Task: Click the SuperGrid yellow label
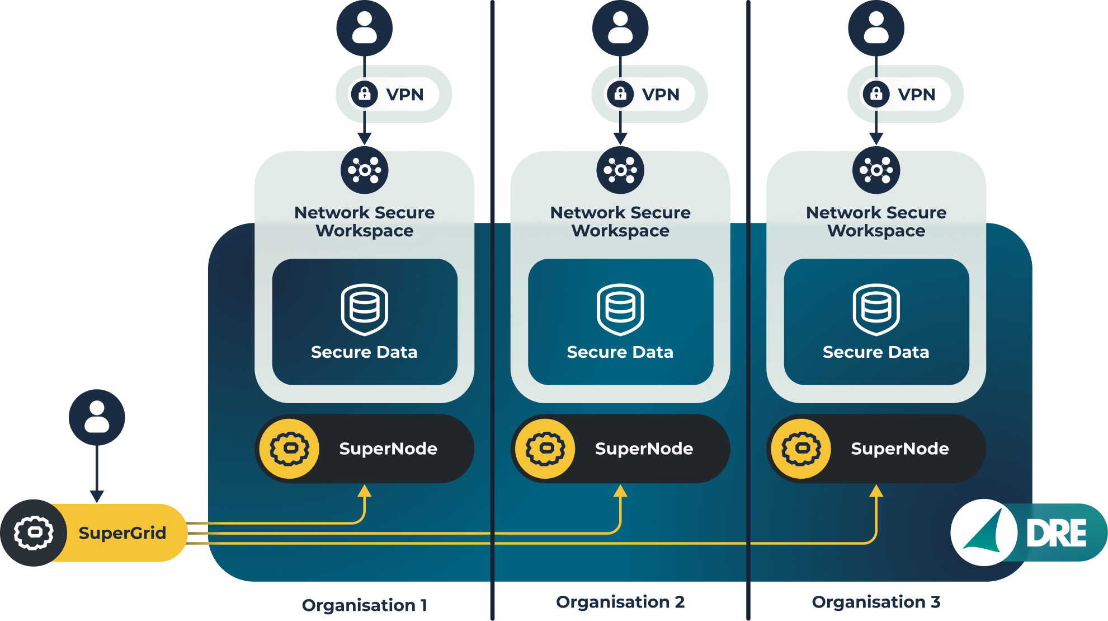(x=122, y=533)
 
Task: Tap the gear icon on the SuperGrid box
(x=34, y=533)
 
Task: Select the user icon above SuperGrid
(x=97, y=417)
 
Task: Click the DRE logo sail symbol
(x=984, y=533)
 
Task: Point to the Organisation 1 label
(x=364, y=605)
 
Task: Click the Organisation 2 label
(x=620, y=602)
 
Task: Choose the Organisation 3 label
(x=876, y=602)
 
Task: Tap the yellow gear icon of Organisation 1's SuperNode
(x=289, y=449)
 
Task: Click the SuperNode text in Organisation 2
(x=644, y=449)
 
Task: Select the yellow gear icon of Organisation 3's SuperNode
(x=801, y=449)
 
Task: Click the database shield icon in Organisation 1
(x=365, y=309)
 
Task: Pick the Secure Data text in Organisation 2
(x=620, y=352)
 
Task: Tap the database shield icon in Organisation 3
(x=876, y=309)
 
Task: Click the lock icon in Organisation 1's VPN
(x=365, y=94)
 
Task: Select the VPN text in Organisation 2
(x=661, y=95)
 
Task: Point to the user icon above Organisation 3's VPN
(x=876, y=28)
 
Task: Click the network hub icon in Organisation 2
(x=620, y=170)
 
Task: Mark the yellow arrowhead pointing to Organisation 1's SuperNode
(x=365, y=491)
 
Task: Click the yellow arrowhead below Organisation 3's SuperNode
(x=876, y=491)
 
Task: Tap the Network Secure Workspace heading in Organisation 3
(x=876, y=221)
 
